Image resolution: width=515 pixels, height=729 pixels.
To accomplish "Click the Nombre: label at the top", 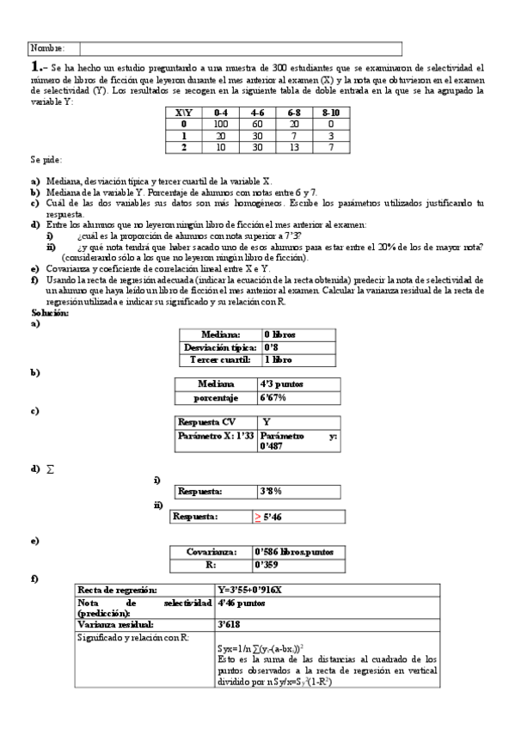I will click(x=47, y=49).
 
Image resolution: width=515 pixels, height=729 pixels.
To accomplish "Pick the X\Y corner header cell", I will click(x=184, y=112).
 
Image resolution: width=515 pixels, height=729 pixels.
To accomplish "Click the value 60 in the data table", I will click(x=258, y=124).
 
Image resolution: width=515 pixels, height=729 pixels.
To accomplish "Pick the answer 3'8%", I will click(x=271, y=491).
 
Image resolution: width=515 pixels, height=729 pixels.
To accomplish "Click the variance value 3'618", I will click(x=230, y=624).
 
